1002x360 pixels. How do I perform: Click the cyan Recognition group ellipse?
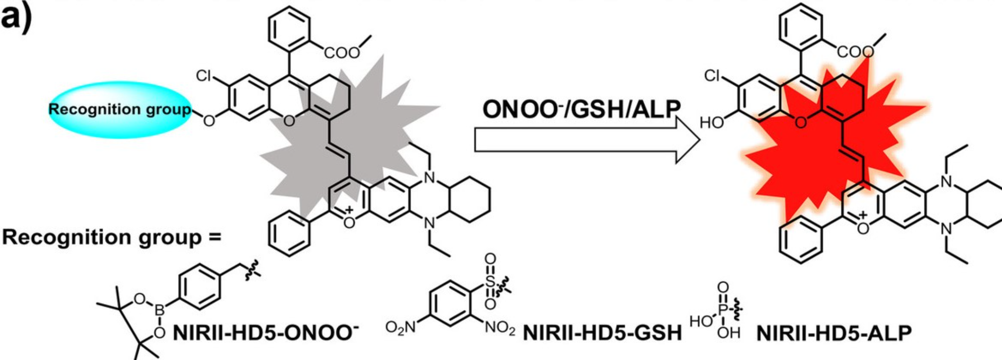click(119, 109)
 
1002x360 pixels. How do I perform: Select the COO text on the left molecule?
click(342, 53)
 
